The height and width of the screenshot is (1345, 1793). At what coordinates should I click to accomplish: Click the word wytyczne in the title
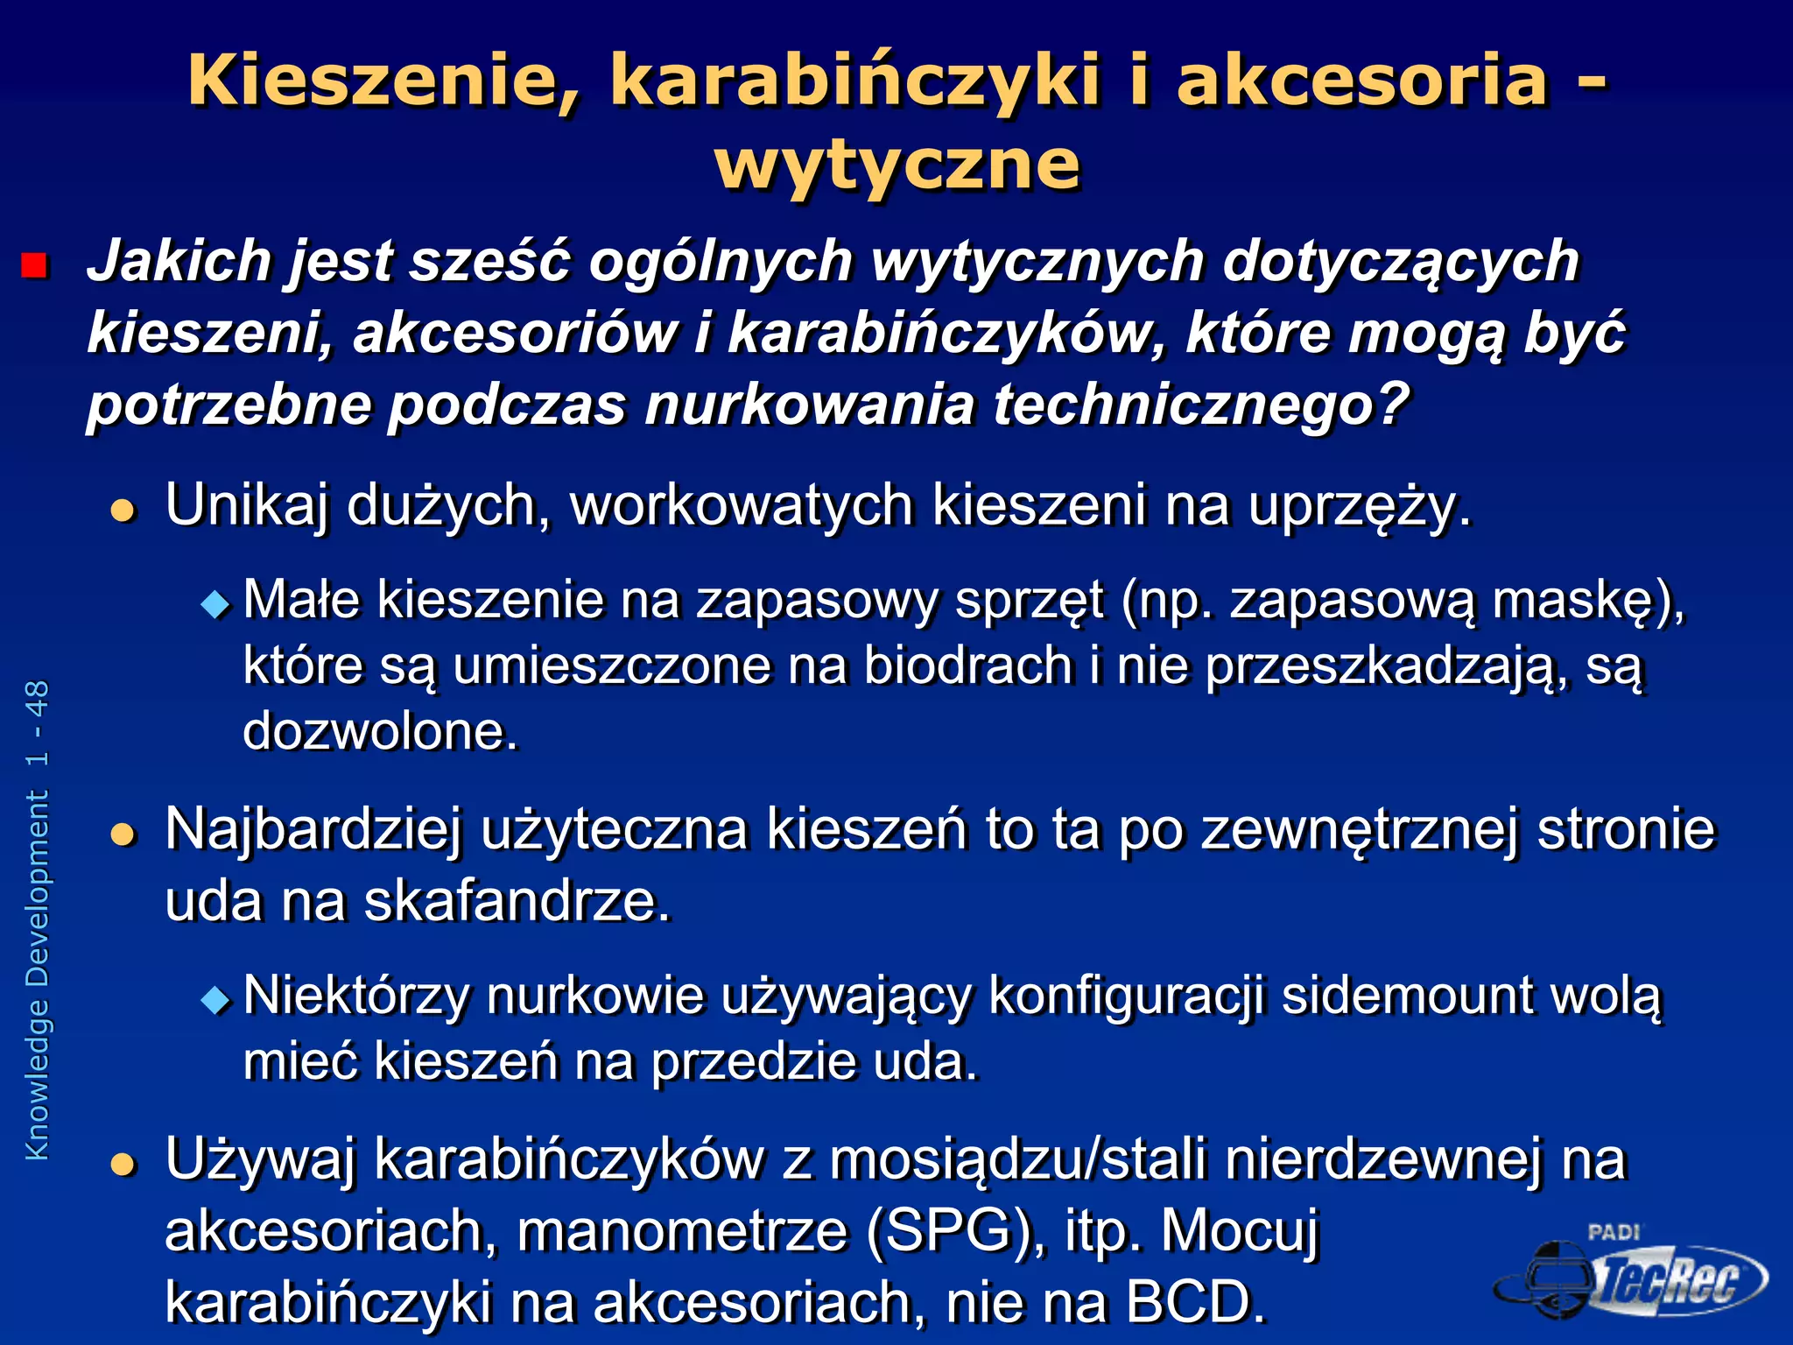[x=897, y=165]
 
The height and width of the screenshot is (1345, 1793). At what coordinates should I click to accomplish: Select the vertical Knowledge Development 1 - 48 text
[x=38, y=919]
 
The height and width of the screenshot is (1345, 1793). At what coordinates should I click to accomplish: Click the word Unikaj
[x=247, y=505]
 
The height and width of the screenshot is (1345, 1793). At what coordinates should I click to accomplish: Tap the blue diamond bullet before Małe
[x=214, y=603]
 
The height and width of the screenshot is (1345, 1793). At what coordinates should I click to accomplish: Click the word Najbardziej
[x=313, y=829]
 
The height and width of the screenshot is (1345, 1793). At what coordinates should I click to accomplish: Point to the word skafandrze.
[x=517, y=901]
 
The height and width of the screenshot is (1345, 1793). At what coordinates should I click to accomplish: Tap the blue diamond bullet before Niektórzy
[x=214, y=999]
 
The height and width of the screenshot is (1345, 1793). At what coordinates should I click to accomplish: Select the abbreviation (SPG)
[x=954, y=1231]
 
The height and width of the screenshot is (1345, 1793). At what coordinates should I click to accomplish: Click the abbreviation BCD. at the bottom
[x=1196, y=1302]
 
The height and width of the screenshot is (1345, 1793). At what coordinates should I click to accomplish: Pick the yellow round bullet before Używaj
[x=124, y=1164]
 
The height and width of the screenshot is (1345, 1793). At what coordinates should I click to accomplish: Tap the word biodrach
[x=968, y=665]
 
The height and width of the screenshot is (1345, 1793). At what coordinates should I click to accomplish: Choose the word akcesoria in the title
[x=1362, y=81]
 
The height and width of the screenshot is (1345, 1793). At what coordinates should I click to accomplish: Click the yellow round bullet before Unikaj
[x=124, y=510]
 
